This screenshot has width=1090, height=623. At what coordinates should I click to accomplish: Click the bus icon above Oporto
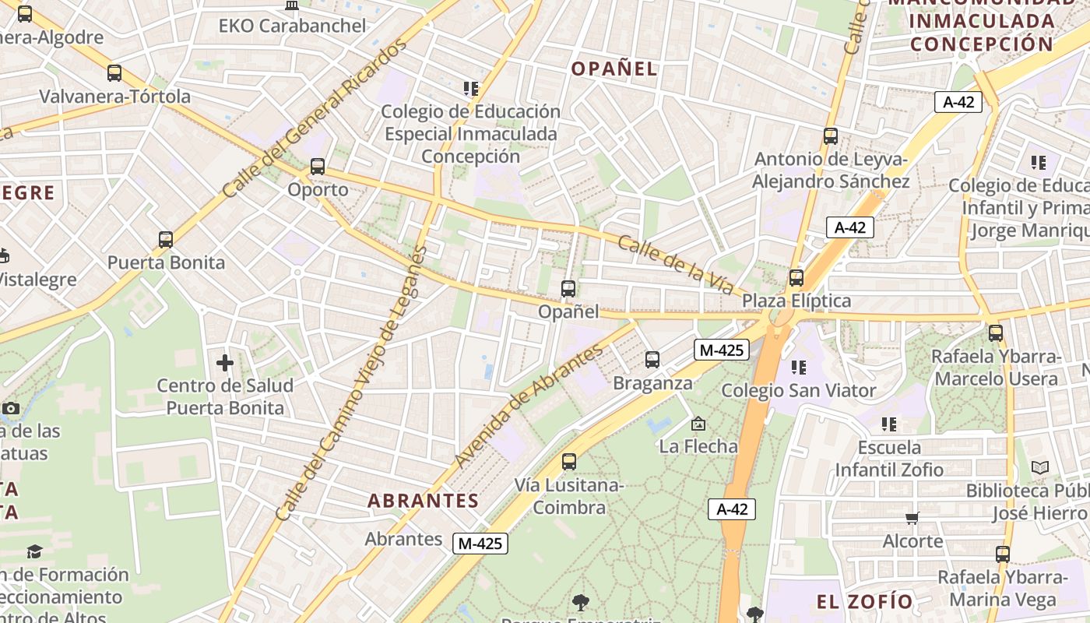(317, 166)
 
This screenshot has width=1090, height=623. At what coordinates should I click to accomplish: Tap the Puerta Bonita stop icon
(165, 240)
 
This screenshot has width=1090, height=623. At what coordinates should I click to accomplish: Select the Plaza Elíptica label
(796, 301)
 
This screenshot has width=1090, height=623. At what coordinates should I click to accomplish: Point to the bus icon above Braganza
(652, 360)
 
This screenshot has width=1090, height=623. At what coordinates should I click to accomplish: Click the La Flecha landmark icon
(698, 424)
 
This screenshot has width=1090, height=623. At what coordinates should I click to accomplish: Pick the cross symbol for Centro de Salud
(225, 362)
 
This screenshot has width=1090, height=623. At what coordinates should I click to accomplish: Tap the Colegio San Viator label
(799, 390)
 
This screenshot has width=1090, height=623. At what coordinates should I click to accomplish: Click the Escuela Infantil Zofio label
(889, 459)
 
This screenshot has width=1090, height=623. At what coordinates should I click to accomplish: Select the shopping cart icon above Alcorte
(912, 518)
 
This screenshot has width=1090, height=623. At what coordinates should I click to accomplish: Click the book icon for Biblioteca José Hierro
(1040, 467)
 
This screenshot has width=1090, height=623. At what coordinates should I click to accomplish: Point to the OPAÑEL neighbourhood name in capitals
(614, 69)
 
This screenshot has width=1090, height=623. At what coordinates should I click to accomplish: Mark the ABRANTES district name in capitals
(423, 501)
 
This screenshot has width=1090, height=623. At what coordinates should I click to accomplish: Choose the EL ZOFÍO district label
(864, 601)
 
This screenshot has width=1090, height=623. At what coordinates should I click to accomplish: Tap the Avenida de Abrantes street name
(529, 405)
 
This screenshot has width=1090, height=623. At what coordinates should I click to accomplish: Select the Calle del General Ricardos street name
(315, 118)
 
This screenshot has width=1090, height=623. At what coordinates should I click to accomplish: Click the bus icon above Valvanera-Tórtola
(114, 73)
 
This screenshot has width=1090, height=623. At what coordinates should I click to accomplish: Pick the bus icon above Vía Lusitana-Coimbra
(569, 462)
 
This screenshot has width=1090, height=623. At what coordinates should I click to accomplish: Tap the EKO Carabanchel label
(292, 26)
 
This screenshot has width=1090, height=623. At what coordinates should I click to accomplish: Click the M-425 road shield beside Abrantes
(480, 544)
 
